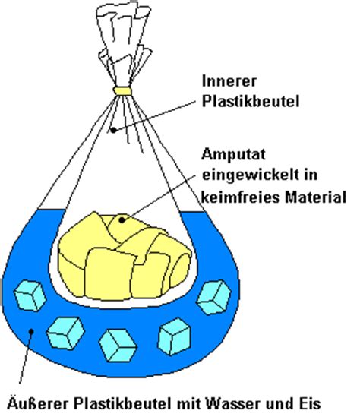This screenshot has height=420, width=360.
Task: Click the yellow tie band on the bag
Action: pos(122,91)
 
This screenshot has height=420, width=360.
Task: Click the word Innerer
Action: pos(229,81)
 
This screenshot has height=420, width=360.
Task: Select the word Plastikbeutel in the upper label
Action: pos(251,102)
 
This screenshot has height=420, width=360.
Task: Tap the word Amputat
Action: pos(233,155)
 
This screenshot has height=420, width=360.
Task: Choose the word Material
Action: pos(315,197)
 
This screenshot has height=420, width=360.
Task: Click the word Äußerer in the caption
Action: pos(38,403)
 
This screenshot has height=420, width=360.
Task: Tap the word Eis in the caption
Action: pos(309,403)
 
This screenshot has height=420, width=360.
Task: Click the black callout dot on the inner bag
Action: pos(114,130)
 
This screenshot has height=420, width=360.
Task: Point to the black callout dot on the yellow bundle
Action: pos(122,220)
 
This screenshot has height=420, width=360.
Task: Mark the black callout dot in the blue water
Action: pos(31,332)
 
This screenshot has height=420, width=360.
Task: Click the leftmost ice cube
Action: pos(30,295)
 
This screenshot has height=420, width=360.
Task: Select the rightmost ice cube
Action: pos(213,297)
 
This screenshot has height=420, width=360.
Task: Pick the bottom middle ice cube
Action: pos(118,346)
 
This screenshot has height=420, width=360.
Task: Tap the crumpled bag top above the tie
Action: pos(124,43)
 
